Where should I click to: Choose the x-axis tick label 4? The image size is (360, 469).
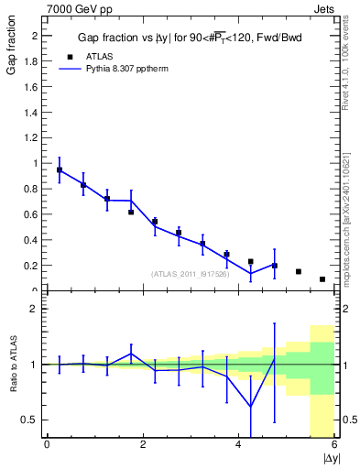pyautogui.click(x=238, y=445)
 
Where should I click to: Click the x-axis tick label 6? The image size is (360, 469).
pyautogui.click(x=334, y=445)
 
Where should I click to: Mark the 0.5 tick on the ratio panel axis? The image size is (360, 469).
pyautogui.click(x=32, y=420)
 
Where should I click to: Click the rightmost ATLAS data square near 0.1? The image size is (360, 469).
pyautogui.click(x=322, y=279)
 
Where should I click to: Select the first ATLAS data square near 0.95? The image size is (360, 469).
pyautogui.click(x=60, y=170)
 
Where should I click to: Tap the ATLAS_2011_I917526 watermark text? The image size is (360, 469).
pyautogui.click(x=190, y=274)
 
